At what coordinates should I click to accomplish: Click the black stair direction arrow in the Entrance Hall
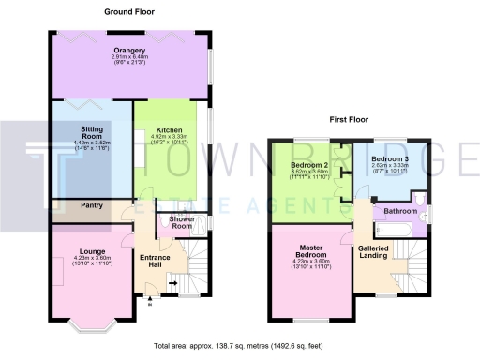pyautogui.click(x=172, y=279)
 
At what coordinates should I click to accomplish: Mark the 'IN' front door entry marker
pyautogui.click(x=150, y=303)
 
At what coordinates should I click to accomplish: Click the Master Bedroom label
pyautogui.click(x=310, y=252)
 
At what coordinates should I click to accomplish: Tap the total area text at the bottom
pyautogui.click(x=240, y=346)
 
